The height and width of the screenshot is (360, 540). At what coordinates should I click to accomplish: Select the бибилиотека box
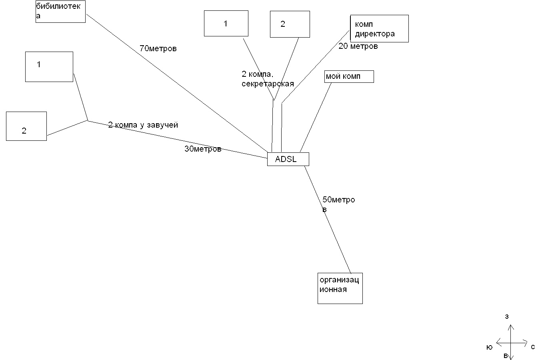[60, 12]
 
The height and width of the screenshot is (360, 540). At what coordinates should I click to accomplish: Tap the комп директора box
[379, 29]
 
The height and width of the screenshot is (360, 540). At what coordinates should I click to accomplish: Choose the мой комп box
[349, 76]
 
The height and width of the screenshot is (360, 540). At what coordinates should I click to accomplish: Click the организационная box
[340, 288]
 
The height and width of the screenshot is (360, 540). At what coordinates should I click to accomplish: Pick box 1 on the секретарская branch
[226, 24]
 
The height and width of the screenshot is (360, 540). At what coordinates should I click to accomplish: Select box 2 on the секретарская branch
[290, 24]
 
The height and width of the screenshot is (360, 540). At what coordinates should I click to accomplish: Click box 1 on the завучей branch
[49, 67]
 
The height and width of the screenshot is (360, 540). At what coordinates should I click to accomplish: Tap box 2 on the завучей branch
[26, 126]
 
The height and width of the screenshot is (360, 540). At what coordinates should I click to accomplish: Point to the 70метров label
[158, 49]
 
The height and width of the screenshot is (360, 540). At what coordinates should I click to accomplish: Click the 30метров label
[203, 149]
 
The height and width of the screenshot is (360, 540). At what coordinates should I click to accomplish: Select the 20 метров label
[358, 46]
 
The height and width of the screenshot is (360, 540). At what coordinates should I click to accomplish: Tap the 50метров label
[338, 200]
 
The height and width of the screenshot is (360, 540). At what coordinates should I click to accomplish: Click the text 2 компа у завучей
[143, 125]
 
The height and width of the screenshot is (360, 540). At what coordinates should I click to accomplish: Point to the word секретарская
[268, 84]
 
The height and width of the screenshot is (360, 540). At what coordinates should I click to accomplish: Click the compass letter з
[507, 317]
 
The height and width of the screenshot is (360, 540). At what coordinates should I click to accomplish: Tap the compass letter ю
[489, 348]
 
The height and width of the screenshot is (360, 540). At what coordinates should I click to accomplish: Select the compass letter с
[533, 347]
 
